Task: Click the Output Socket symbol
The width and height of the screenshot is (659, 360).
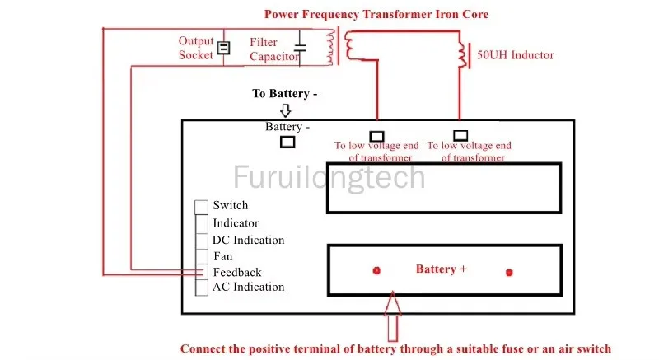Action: coord(223,48)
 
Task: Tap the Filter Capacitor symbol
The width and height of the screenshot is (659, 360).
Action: coord(300,48)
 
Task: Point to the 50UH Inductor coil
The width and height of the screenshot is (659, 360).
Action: coord(463,54)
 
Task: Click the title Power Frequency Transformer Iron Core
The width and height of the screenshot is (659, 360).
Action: coord(376,14)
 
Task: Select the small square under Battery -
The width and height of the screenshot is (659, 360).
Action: coord(287,142)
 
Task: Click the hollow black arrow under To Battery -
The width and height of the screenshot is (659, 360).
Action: coord(285,110)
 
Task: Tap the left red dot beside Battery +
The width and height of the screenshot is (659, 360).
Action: coord(376,270)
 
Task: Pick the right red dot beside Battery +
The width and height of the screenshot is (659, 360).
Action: coord(509,273)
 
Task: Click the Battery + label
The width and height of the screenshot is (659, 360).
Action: coord(442,269)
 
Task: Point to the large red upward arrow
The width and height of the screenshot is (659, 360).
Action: coord(393,316)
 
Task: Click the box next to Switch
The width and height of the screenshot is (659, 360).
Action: coord(201,207)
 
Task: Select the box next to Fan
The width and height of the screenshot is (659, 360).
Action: coord(202,257)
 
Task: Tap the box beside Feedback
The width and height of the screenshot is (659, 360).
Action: coord(202,272)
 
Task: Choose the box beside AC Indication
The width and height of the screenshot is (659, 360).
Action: coord(202,288)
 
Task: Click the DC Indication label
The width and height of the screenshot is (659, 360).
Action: coord(249,240)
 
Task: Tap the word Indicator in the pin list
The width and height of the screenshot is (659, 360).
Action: coord(236,223)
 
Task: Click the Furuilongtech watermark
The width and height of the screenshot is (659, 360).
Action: coord(329,177)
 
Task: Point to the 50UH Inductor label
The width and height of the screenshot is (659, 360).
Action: coord(516,55)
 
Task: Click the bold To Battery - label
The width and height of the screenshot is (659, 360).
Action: coord(284,93)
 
